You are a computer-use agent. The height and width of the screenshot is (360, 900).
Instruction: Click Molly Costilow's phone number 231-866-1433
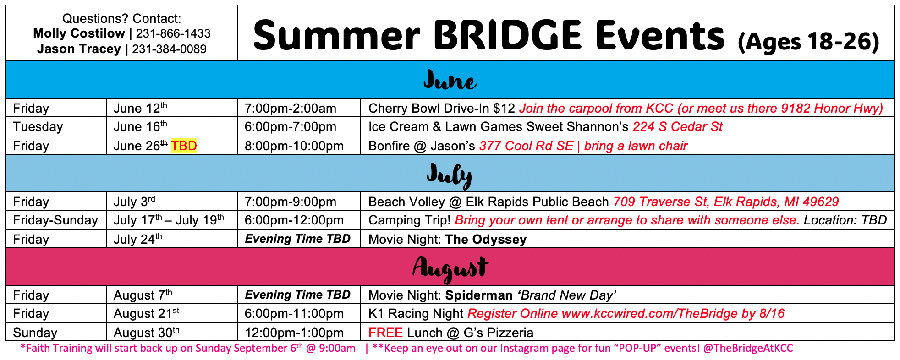point(173,33)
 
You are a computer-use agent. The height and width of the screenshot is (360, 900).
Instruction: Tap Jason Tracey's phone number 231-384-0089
point(169,49)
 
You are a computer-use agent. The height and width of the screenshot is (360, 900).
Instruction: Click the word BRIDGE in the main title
point(508,35)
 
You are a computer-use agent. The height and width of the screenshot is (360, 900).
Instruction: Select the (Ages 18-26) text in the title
point(808,42)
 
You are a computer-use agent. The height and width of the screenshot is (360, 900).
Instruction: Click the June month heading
point(450,81)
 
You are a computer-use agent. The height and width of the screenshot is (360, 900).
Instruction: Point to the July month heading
point(450,175)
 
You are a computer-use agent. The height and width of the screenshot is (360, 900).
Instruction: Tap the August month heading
point(450,268)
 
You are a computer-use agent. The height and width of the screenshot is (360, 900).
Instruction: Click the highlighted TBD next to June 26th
point(184,146)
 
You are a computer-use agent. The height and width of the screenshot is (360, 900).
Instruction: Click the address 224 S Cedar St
point(677,127)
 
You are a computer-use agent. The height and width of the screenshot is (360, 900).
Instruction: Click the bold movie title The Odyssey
point(486,240)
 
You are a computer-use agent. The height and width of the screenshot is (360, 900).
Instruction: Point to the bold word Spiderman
point(479,295)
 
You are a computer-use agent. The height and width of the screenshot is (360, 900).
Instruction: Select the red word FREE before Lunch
point(385,333)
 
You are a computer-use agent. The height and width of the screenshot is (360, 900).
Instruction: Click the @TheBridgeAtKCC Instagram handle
point(748,348)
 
